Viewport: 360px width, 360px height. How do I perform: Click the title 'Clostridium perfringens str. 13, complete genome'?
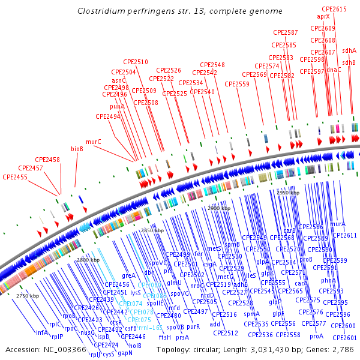click(x=180, y=11)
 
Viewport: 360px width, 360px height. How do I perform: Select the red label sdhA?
click(x=349, y=51)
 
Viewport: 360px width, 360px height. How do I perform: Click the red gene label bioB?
click(x=77, y=148)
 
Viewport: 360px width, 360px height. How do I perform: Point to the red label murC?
click(x=93, y=142)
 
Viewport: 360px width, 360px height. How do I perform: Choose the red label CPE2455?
click(x=15, y=177)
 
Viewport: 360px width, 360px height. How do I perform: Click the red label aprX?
click(x=323, y=17)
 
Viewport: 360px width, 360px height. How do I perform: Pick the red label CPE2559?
click(x=237, y=84)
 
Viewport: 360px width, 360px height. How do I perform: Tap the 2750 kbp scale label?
click(x=28, y=296)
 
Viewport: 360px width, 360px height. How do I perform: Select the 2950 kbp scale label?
click(x=287, y=193)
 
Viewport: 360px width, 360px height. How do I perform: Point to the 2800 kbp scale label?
click(x=88, y=260)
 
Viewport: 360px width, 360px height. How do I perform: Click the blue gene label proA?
click(x=316, y=336)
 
